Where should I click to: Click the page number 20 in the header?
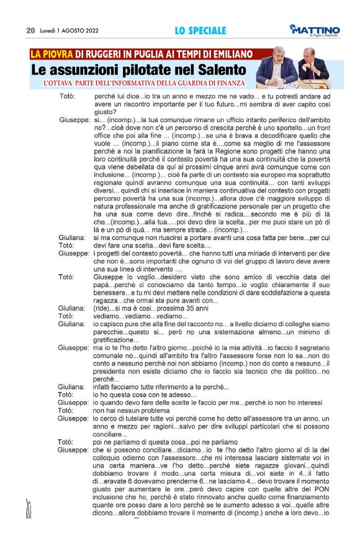[x=30, y=30]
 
